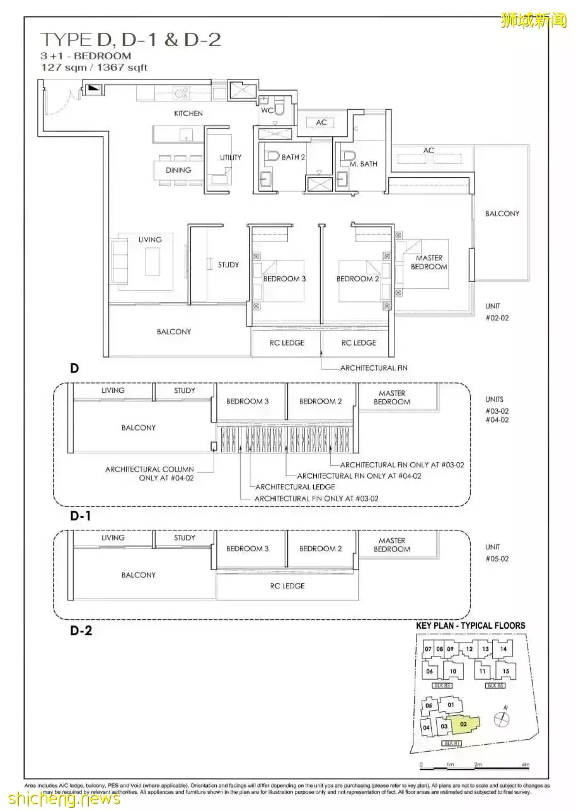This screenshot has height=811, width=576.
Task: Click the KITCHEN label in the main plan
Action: click(188, 114)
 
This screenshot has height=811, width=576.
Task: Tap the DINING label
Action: click(178, 170)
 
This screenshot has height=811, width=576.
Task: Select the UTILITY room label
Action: click(231, 158)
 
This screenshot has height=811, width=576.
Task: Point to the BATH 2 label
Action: click(294, 158)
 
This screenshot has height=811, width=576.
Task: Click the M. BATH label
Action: click(364, 164)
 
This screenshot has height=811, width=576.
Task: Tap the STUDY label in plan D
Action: click(228, 265)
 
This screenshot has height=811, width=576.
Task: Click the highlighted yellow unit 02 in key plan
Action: click(464, 725)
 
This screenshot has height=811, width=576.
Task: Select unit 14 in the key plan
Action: click(502, 649)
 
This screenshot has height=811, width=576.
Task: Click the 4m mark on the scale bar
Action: click(525, 765)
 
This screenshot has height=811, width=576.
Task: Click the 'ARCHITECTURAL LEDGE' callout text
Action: click(295, 487)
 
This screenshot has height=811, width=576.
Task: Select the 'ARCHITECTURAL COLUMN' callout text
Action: click(150, 470)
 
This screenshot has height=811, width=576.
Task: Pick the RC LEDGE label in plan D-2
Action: click(287, 586)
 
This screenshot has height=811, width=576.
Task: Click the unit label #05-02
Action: click(497, 559)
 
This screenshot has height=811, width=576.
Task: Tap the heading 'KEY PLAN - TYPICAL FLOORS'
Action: click(470, 626)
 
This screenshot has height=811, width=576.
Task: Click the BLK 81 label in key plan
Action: click(449, 744)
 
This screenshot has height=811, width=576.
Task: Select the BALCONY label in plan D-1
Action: click(139, 428)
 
